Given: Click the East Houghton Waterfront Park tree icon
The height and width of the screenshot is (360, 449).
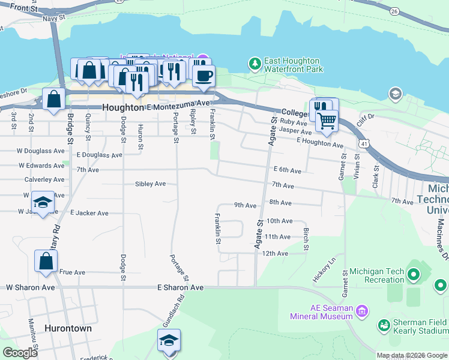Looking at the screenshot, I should (x=255, y=62).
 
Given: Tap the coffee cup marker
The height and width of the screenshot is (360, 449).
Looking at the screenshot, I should (x=204, y=76).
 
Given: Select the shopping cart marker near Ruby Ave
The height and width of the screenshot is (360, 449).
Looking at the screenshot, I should (x=327, y=120).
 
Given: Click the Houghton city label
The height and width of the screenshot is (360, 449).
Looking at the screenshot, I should (x=124, y=107).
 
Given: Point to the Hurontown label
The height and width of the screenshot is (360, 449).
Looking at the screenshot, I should (x=68, y=328).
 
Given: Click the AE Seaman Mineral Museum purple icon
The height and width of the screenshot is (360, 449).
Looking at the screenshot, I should (x=361, y=310).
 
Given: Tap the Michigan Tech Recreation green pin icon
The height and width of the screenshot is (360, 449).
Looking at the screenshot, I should (x=413, y=275).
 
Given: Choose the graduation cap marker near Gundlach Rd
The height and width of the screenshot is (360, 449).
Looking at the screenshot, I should (x=169, y=340).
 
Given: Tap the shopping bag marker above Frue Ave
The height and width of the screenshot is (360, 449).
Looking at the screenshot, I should (x=46, y=262).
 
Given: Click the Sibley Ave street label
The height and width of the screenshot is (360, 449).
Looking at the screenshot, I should (x=150, y=184).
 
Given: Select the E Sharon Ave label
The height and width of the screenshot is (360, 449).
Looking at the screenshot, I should (x=180, y=288).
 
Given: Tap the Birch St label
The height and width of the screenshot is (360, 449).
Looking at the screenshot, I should (x=306, y=239).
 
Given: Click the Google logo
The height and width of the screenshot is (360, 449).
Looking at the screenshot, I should (x=20, y=353).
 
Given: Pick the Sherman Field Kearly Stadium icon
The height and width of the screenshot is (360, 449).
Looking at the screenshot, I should (x=384, y=325).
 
